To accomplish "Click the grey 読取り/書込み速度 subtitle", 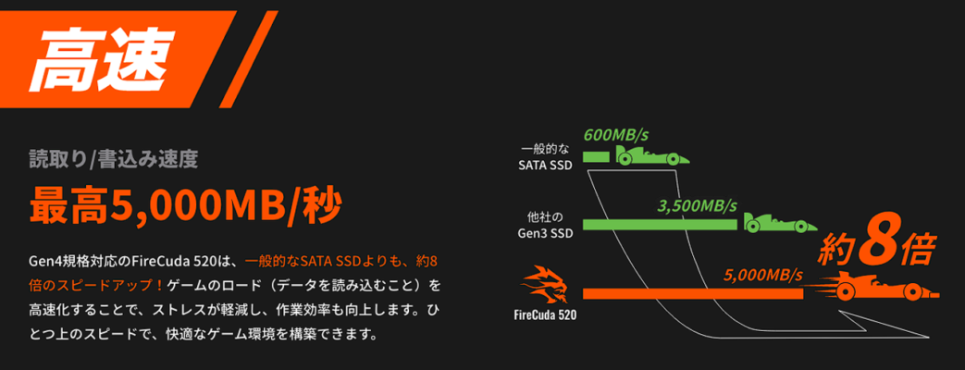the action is pos(114,159).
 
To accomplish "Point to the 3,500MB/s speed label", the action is pos(698,205).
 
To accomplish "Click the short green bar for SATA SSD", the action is pos(596,157).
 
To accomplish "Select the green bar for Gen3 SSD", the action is pos(660,225).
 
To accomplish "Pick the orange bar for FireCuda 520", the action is pos(693,293).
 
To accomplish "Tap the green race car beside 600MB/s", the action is pos(652,155).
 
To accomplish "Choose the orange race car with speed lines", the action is pos(874,287).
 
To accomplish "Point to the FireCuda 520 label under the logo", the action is pos(545,317).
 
